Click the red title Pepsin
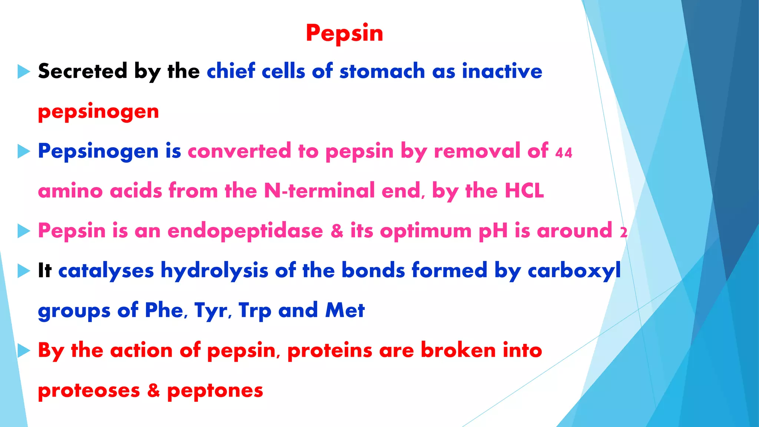(344, 33)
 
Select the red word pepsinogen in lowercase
(98, 112)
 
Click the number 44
(564, 153)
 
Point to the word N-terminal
(319, 191)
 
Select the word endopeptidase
(245, 231)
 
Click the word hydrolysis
(214, 270)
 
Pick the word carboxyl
(574, 270)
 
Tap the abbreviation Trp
(255, 310)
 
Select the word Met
(345, 310)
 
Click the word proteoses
(89, 390)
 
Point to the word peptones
(215, 390)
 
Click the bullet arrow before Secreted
(23, 71)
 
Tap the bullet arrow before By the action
(23, 350)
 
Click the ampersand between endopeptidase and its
(337, 231)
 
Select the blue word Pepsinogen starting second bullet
(98, 151)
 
